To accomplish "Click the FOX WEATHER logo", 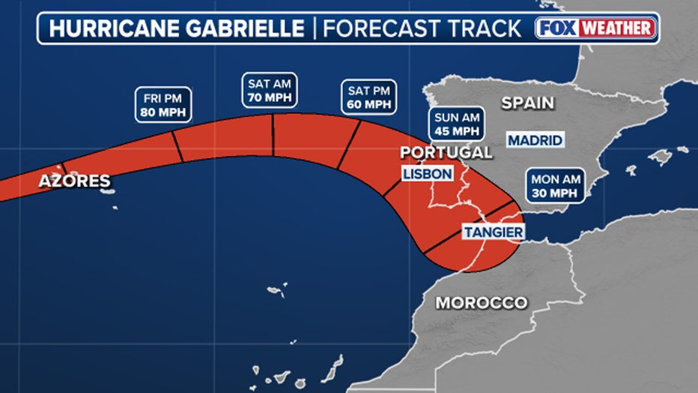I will (596, 28).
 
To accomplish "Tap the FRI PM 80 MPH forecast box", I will (163, 105).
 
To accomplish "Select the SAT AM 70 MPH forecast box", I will (270, 89).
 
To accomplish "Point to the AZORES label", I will (75, 181).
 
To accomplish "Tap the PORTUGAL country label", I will (446, 153).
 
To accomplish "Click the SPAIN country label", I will (528, 103).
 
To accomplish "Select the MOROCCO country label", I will (482, 303).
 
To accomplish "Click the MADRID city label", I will (535, 140).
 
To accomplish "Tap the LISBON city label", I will (428, 174).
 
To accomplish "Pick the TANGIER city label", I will (493, 232).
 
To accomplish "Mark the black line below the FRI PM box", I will (178, 145).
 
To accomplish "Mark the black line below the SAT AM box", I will (273, 135).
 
